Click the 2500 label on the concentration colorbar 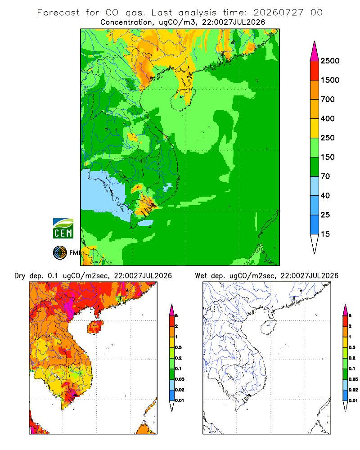click(330, 61)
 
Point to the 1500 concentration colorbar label click(330, 80)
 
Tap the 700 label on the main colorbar click(328, 99)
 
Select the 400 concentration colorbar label click(328, 118)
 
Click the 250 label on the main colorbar click(328, 138)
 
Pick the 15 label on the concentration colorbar click(325, 234)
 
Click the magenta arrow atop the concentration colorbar click(315, 51)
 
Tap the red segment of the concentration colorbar click(315, 71)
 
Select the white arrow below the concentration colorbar click(315, 244)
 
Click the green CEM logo click(63, 229)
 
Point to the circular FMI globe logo click(60, 253)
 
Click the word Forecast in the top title click(58, 13)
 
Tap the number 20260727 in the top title click(278, 13)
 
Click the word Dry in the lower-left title click(20, 276)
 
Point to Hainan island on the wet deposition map click(269, 327)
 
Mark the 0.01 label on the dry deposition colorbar click(180, 400)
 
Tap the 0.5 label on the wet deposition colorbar click(352, 347)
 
